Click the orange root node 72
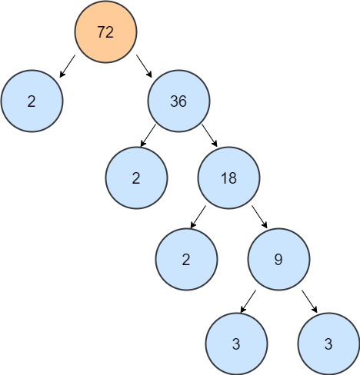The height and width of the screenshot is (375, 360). click(x=105, y=32)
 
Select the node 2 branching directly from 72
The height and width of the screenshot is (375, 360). click(x=32, y=102)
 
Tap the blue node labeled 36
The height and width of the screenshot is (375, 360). click(x=179, y=102)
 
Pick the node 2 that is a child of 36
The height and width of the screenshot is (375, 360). click(x=136, y=178)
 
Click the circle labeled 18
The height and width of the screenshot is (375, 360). click(x=228, y=178)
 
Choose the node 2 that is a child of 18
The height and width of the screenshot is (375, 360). click(x=185, y=259)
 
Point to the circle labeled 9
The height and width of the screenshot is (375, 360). click(x=278, y=259)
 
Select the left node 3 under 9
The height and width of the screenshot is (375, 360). click(x=236, y=343)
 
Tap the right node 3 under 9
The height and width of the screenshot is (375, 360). click(x=328, y=343)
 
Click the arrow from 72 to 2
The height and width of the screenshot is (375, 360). click(x=68, y=66)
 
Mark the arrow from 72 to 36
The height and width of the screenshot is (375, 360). click(x=144, y=66)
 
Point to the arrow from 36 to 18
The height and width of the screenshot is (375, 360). click(x=210, y=136)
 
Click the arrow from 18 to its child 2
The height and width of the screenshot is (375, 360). click(x=198, y=216)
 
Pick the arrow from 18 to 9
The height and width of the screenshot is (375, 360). click(x=259, y=216)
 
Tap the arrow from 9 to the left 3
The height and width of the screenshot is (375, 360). click(x=248, y=300)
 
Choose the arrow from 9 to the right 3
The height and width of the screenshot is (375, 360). click(x=309, y=300)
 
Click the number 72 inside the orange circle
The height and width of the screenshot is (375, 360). click(x=105, y=32)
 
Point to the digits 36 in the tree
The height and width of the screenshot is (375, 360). click(x=179, y=102)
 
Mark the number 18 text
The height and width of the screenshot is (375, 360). click(x=228, y=178)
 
